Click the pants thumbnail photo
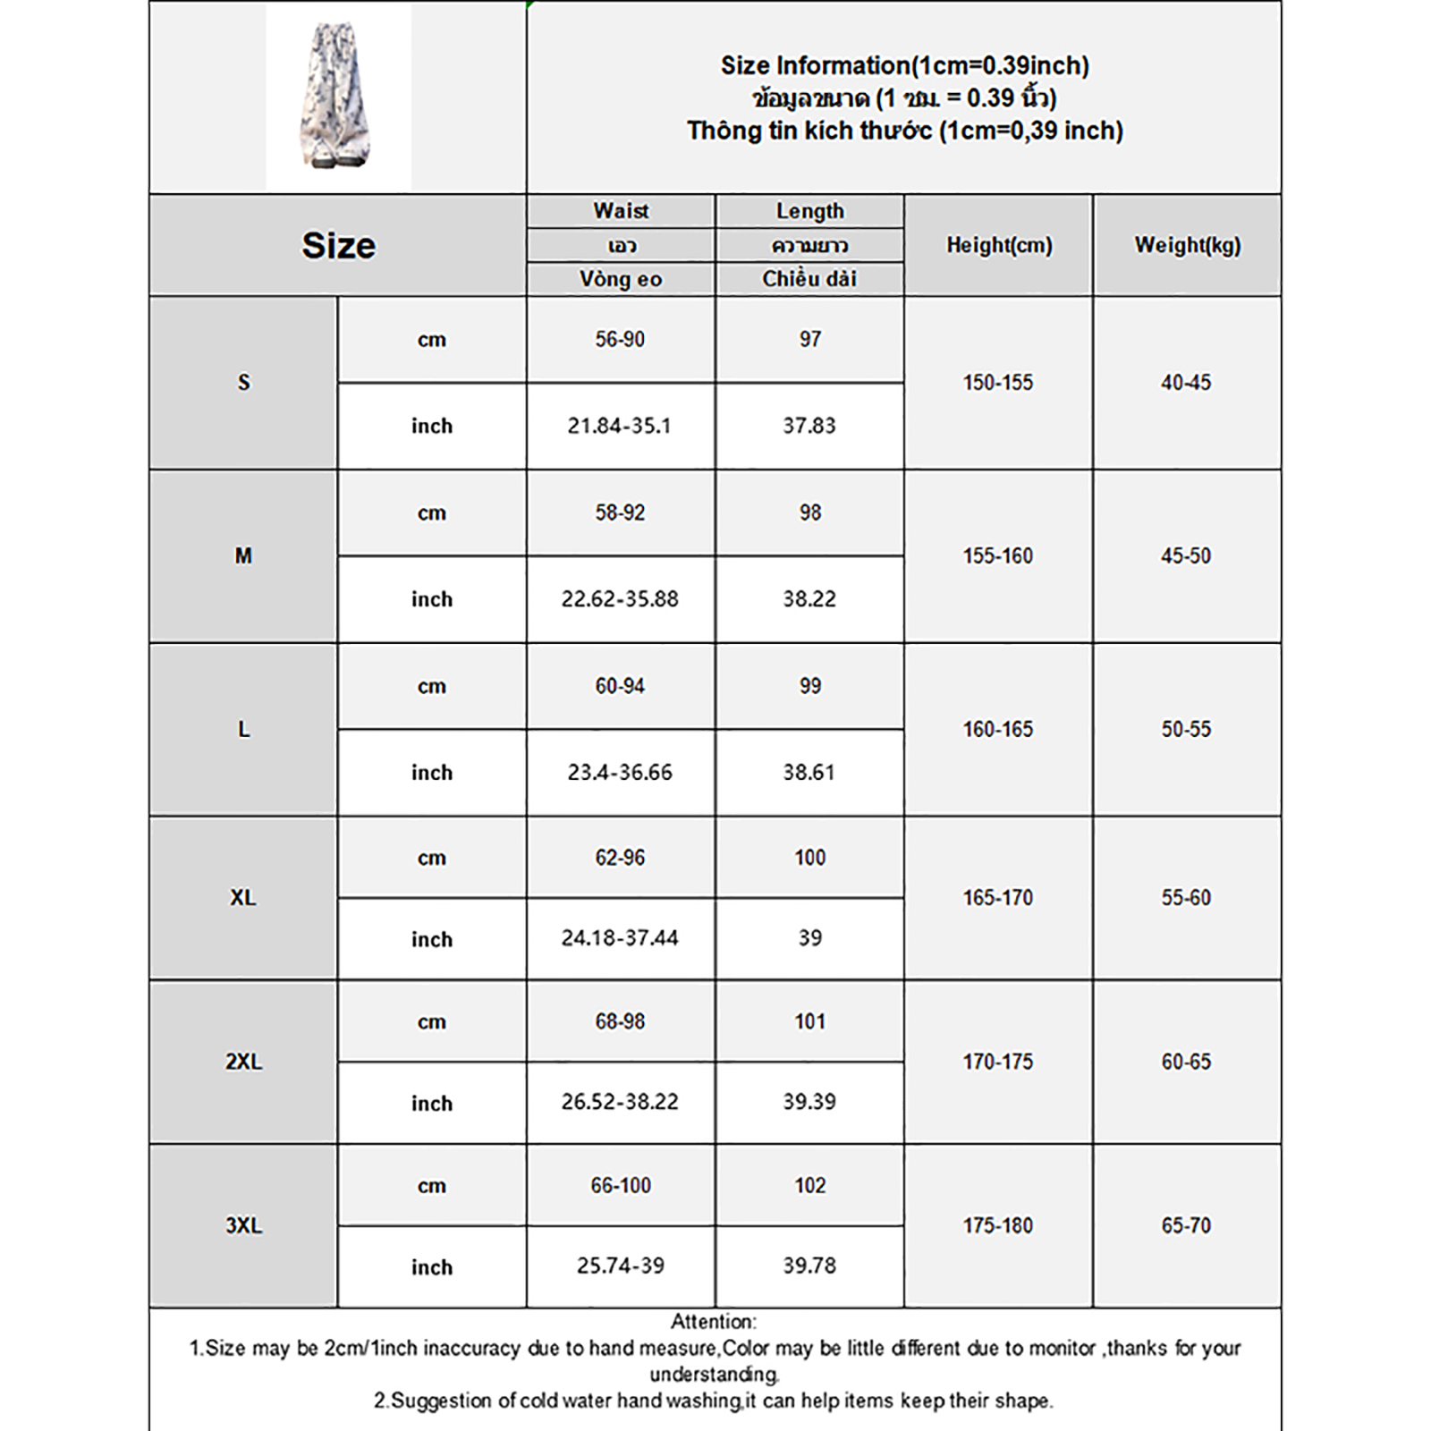coord(338,97)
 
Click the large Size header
coord(338,245)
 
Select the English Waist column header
coord(621,211)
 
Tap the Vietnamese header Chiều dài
coord(809,279)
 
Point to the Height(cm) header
coord(999,245)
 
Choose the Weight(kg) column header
coord(1187,245)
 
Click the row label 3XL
coord(243,1225)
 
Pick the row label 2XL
coord(243,1062)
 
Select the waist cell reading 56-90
coord(620,339)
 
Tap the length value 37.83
coord(809,426)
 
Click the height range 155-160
coord(998,555)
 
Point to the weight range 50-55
coord(1186,729)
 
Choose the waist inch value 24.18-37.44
coord(620,938)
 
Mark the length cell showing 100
coord(809,858)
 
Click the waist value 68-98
coord(620,1021)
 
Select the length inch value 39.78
coord(809,1266)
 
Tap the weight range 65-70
coord(1186,1225)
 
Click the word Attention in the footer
coord(713,1321)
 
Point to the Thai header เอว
coord(621,245)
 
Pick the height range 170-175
coord(998,1062)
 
